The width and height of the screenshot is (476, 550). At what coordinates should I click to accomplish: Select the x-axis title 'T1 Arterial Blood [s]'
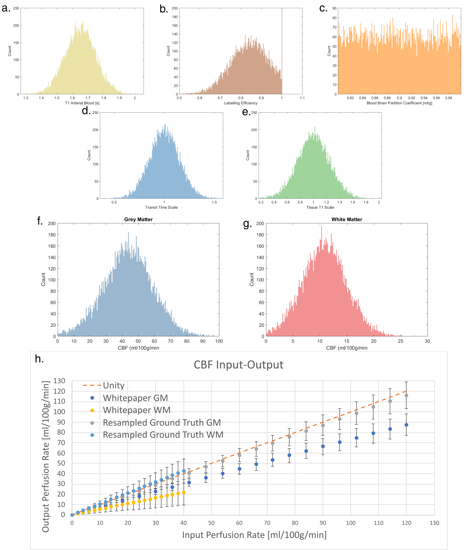(x=82, y=103)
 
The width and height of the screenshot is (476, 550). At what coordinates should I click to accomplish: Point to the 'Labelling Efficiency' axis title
(x=241, y=103)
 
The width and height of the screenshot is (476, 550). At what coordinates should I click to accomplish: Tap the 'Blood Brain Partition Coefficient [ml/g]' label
(x=399, y=103)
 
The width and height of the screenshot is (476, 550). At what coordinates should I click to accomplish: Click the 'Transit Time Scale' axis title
(x=161, y=207)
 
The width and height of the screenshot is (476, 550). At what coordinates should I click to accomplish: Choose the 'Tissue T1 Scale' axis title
(x=320, y=207)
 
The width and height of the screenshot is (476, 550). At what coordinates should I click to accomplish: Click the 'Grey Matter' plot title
(x=138, y=219)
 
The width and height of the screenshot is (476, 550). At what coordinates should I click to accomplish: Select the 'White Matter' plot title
(x=347, y=219)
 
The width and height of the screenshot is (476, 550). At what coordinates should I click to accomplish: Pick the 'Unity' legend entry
(x=114, y=385)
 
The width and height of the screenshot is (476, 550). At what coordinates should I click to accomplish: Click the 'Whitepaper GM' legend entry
(x=135, y=398)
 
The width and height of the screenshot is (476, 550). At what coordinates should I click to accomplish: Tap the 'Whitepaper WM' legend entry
(x=137, y=410)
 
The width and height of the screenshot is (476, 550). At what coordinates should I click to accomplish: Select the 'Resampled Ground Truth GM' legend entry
(x=162, y=423)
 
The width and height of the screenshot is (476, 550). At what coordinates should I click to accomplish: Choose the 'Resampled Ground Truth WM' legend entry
(x=163, y=435)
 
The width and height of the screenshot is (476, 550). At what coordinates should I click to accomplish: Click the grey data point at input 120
(x=406, y=395)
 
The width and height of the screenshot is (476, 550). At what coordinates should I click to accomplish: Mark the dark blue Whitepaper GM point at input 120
(x=406, y=425)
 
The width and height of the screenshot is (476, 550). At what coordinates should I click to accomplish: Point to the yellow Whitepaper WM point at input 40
(x=184, y=493)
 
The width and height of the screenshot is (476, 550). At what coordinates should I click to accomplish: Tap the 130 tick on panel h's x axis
(x=434, y=523)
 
